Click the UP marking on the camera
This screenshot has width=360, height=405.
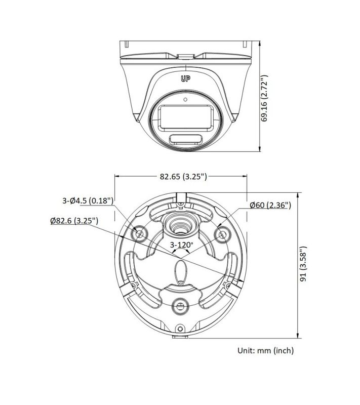pyautogui.click(x=185, y=79)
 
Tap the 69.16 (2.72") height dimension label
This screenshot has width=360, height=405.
pyautogui.click(x=264, y=98)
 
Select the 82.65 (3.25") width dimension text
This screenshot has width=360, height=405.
pyautogui.click(x=183, y=176)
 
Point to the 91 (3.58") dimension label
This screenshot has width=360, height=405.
pyautogui.click(x=303, y=263)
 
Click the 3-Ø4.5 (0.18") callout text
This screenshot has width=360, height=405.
pyautogui.click(x=88, y=200)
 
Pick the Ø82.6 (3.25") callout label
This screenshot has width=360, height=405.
pyautogui.click(x=74, y=221)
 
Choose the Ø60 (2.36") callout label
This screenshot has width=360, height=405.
pyautogui.click(x=270, y=205)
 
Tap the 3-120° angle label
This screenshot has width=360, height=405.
pyautogui.click(x=182, y=245)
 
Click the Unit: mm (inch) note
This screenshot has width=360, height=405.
pyautogui.click(x=265, y=350)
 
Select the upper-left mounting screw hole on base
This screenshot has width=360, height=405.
pyautogui.click(x=139, y=234)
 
